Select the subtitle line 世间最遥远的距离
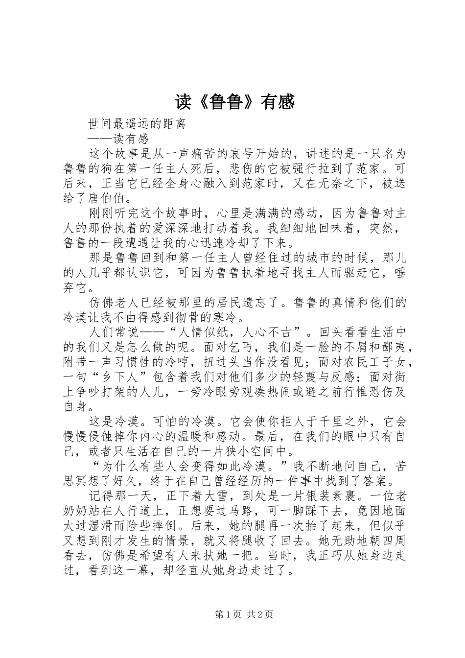coord(137,124)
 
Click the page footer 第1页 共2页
coord(244,614)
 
